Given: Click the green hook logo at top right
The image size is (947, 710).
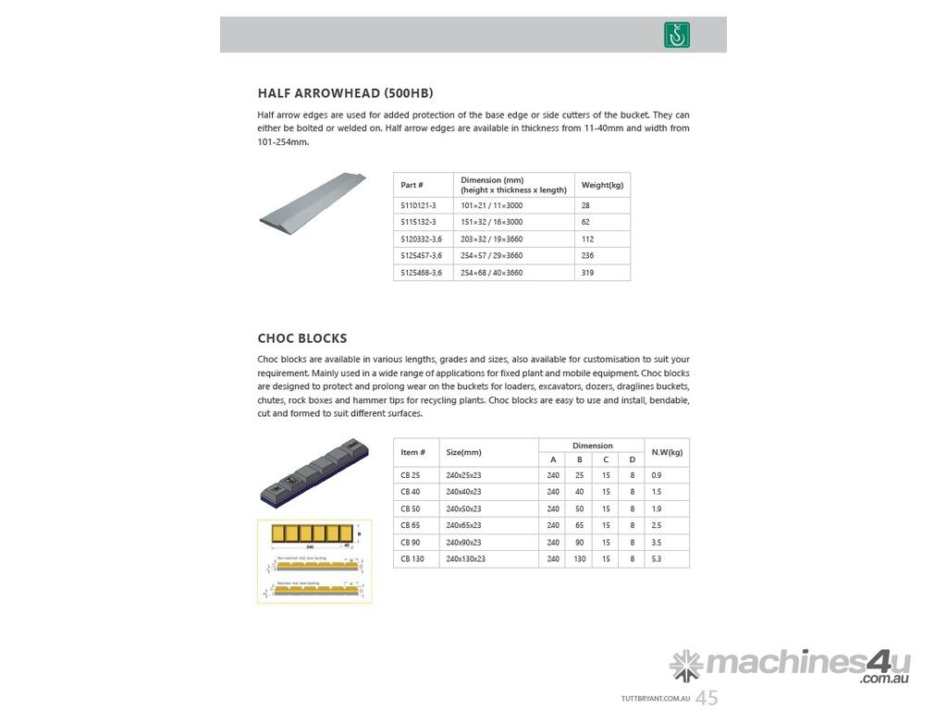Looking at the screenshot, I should click(677, 35).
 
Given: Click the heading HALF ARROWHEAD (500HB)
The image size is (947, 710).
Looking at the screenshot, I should click(345, 93).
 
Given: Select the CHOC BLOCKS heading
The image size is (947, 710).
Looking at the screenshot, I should click(302, 338).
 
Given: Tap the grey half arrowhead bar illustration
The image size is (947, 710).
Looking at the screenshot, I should click(313, 203).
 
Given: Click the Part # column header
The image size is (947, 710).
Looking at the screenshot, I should click(412, 185).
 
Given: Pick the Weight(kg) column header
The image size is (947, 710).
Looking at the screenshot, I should click(602, 185).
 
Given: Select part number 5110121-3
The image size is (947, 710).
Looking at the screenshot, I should click(418, 205).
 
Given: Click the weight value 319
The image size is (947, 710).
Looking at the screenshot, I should click(588, 273).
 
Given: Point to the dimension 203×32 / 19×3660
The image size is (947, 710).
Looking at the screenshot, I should click(492, 239).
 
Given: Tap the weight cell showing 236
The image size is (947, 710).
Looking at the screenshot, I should click(588, 255).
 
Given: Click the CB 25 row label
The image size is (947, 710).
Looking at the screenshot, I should click(410, 475).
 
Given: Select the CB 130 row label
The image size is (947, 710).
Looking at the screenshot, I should click(412, 559).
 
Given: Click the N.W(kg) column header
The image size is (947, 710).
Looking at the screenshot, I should click(667, 452).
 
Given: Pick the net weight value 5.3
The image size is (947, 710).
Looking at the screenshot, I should click(657, 559).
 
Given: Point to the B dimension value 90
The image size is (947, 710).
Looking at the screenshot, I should click(580, 543).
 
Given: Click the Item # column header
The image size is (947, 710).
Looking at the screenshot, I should click(412, 452).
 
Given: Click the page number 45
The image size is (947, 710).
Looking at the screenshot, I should click(707, 698).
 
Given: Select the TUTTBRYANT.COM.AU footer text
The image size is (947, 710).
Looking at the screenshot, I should click(656, 700).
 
